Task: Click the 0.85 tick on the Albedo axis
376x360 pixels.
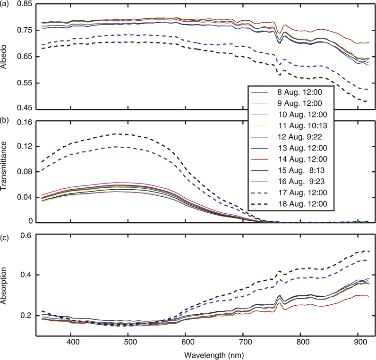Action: pos(24,4)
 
